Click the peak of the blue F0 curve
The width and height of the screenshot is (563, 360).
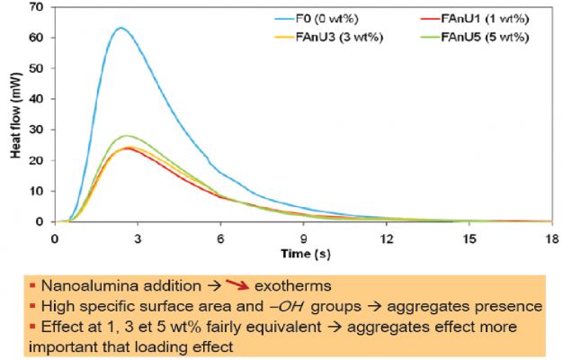[x=121, y=28]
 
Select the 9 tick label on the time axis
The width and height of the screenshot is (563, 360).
[x=303, y=238]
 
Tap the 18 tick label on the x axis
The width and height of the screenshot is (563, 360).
[x=550, y=238]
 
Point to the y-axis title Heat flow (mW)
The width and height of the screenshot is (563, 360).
[x=14, y=115]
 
